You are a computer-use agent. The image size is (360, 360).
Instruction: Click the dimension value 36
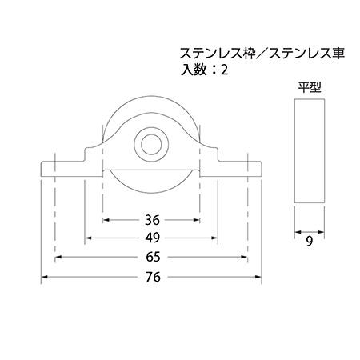[152, 220]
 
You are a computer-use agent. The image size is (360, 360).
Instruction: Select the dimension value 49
[153, 238]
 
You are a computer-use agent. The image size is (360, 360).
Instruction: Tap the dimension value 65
[153, 257]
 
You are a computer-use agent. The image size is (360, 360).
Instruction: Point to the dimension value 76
[153, 277]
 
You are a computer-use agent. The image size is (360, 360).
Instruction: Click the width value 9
[310, 242]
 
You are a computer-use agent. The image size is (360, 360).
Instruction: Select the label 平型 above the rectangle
[310, 87]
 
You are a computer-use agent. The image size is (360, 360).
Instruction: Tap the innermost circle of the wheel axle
[151, 145]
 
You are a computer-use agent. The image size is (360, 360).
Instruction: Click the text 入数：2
[204, 70]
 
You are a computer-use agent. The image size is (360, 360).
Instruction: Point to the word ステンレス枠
[218, 54]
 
